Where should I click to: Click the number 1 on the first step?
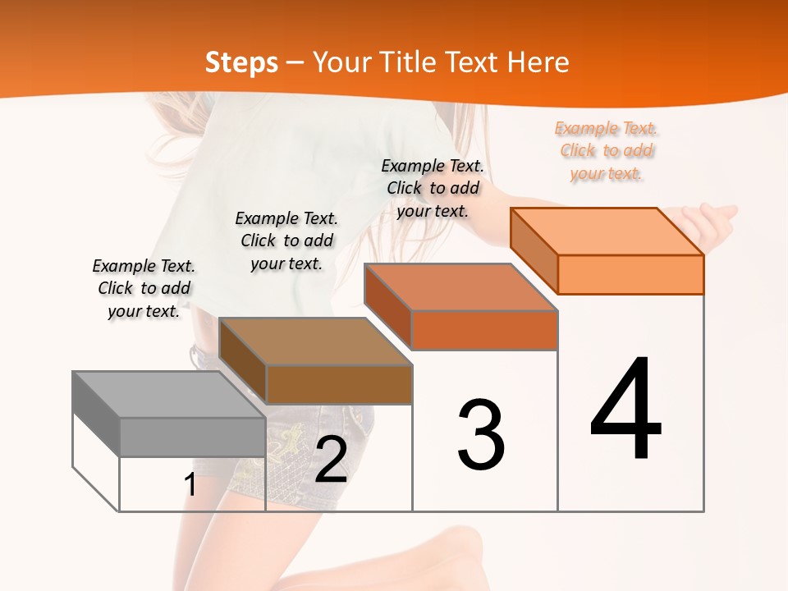(x=190, y=485)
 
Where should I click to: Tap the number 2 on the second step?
(x=331, y=460)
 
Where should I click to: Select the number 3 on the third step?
(x=481, y=435)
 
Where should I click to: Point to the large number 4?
(x=625, y=410)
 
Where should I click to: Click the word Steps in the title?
(x=241, y=62)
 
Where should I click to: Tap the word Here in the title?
(x=538, y=62)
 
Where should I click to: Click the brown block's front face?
(x=339, y=384)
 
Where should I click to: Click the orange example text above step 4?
(x=607, y=151)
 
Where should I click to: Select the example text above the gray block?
(x=144, y=288)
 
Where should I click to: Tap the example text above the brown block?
(x=286, y=241)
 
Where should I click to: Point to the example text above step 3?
(x=433, y=188)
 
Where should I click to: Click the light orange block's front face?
(x=630, y=274)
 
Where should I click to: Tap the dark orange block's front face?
(x=484, y=330)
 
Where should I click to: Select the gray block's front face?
(x=192, y=438)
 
